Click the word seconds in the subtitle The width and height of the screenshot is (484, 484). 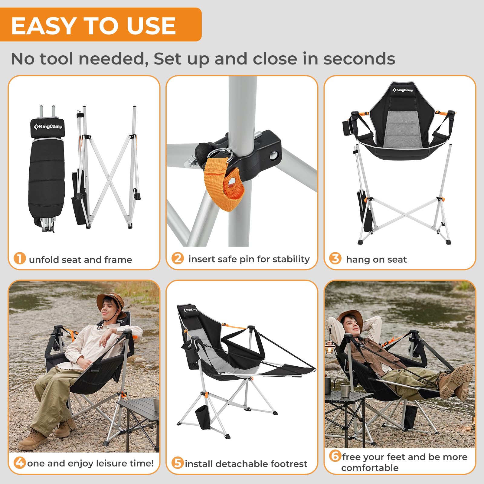pos(359,59)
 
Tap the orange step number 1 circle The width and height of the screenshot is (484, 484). pos(20,259)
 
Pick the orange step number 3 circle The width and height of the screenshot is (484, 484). pos(335,258)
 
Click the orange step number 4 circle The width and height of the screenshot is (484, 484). pos(20,463)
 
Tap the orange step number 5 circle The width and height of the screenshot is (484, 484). pos(178,463)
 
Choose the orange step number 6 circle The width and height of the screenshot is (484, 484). pos(335,456)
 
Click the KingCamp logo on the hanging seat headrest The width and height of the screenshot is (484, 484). pos(403,90)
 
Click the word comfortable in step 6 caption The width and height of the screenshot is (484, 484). pos(370,468)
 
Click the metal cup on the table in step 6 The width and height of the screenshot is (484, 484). pos(345,391)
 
